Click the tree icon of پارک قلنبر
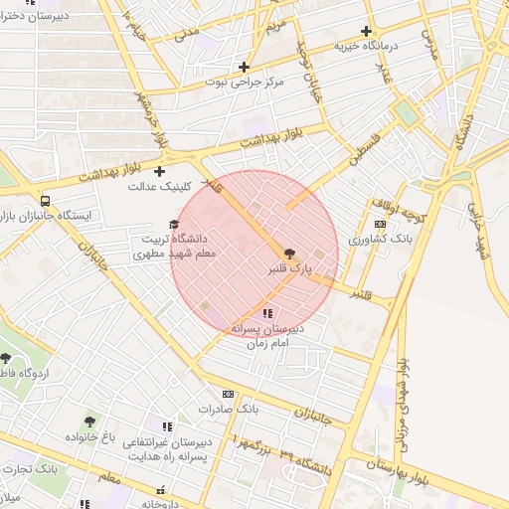coord(289,254)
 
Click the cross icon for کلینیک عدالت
coord(159,172)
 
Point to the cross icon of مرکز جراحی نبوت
coord(244,67)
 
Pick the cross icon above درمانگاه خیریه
coord(367,32)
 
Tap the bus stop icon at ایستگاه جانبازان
coord(45,200)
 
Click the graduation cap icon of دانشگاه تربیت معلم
coord(174,225)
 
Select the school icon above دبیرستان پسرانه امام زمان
coord(267,314)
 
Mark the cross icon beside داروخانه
coord(160,490)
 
